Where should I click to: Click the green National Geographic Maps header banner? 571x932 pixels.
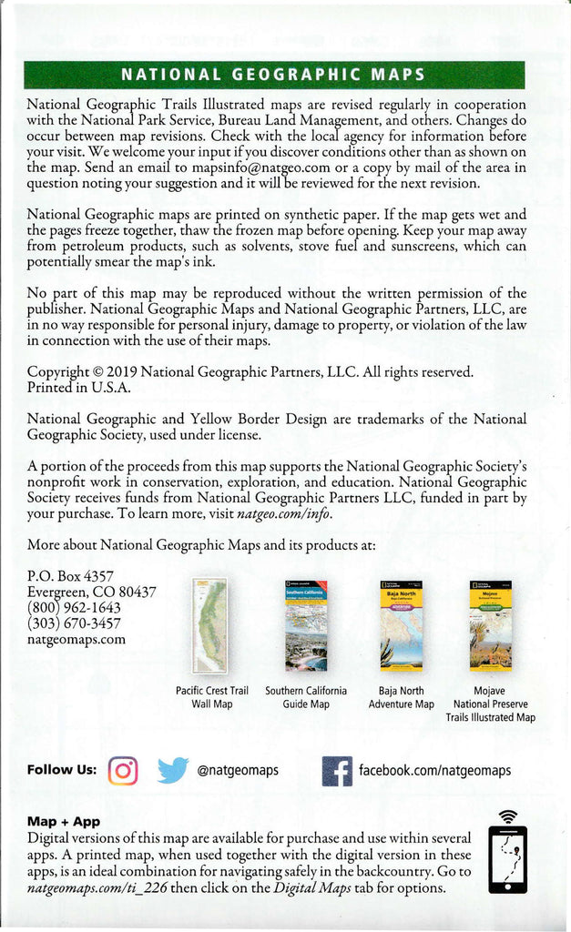pyautogui.click(x=273, y=75)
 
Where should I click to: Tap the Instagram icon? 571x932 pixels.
pyautogui.click(x=123, y=771)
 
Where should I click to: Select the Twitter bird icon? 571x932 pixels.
pyautogui.click(x=172, y=771)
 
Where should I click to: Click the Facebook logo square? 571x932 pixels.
pyautogui.click(x=337, y=771)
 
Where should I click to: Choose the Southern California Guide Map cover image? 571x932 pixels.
pyautogui.click(x=306, y=625)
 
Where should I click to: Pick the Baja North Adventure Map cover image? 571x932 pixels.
pyautogui.click(x=401, y=625)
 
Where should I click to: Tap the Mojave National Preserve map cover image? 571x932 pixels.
pyautogui.click(x=490, y=625)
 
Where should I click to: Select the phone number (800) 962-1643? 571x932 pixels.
pyautogui.click(x=74, y=607)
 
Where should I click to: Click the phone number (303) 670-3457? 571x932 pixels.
pyautogui.click(x=74, y=623)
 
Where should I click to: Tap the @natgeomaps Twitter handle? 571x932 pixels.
pyautogui.click(x=238, y=772)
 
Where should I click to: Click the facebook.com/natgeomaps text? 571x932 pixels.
pyautogui.click(x=434, y=772)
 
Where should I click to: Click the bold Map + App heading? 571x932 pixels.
pyautogui.click(x=64, y=821)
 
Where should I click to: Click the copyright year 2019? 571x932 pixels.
pyautogui.click(x=121, y=371)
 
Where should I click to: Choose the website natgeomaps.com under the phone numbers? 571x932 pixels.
pyautogui.click(x=76, y=639)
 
